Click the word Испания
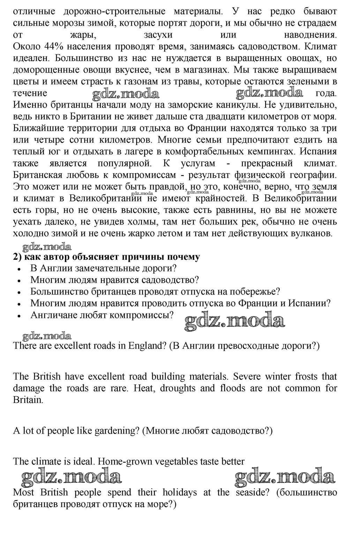[x=321, y=152]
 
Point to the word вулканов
[x=310, y=234]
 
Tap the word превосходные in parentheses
[x=248, y=346]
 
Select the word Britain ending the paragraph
[x=28, y=400]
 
